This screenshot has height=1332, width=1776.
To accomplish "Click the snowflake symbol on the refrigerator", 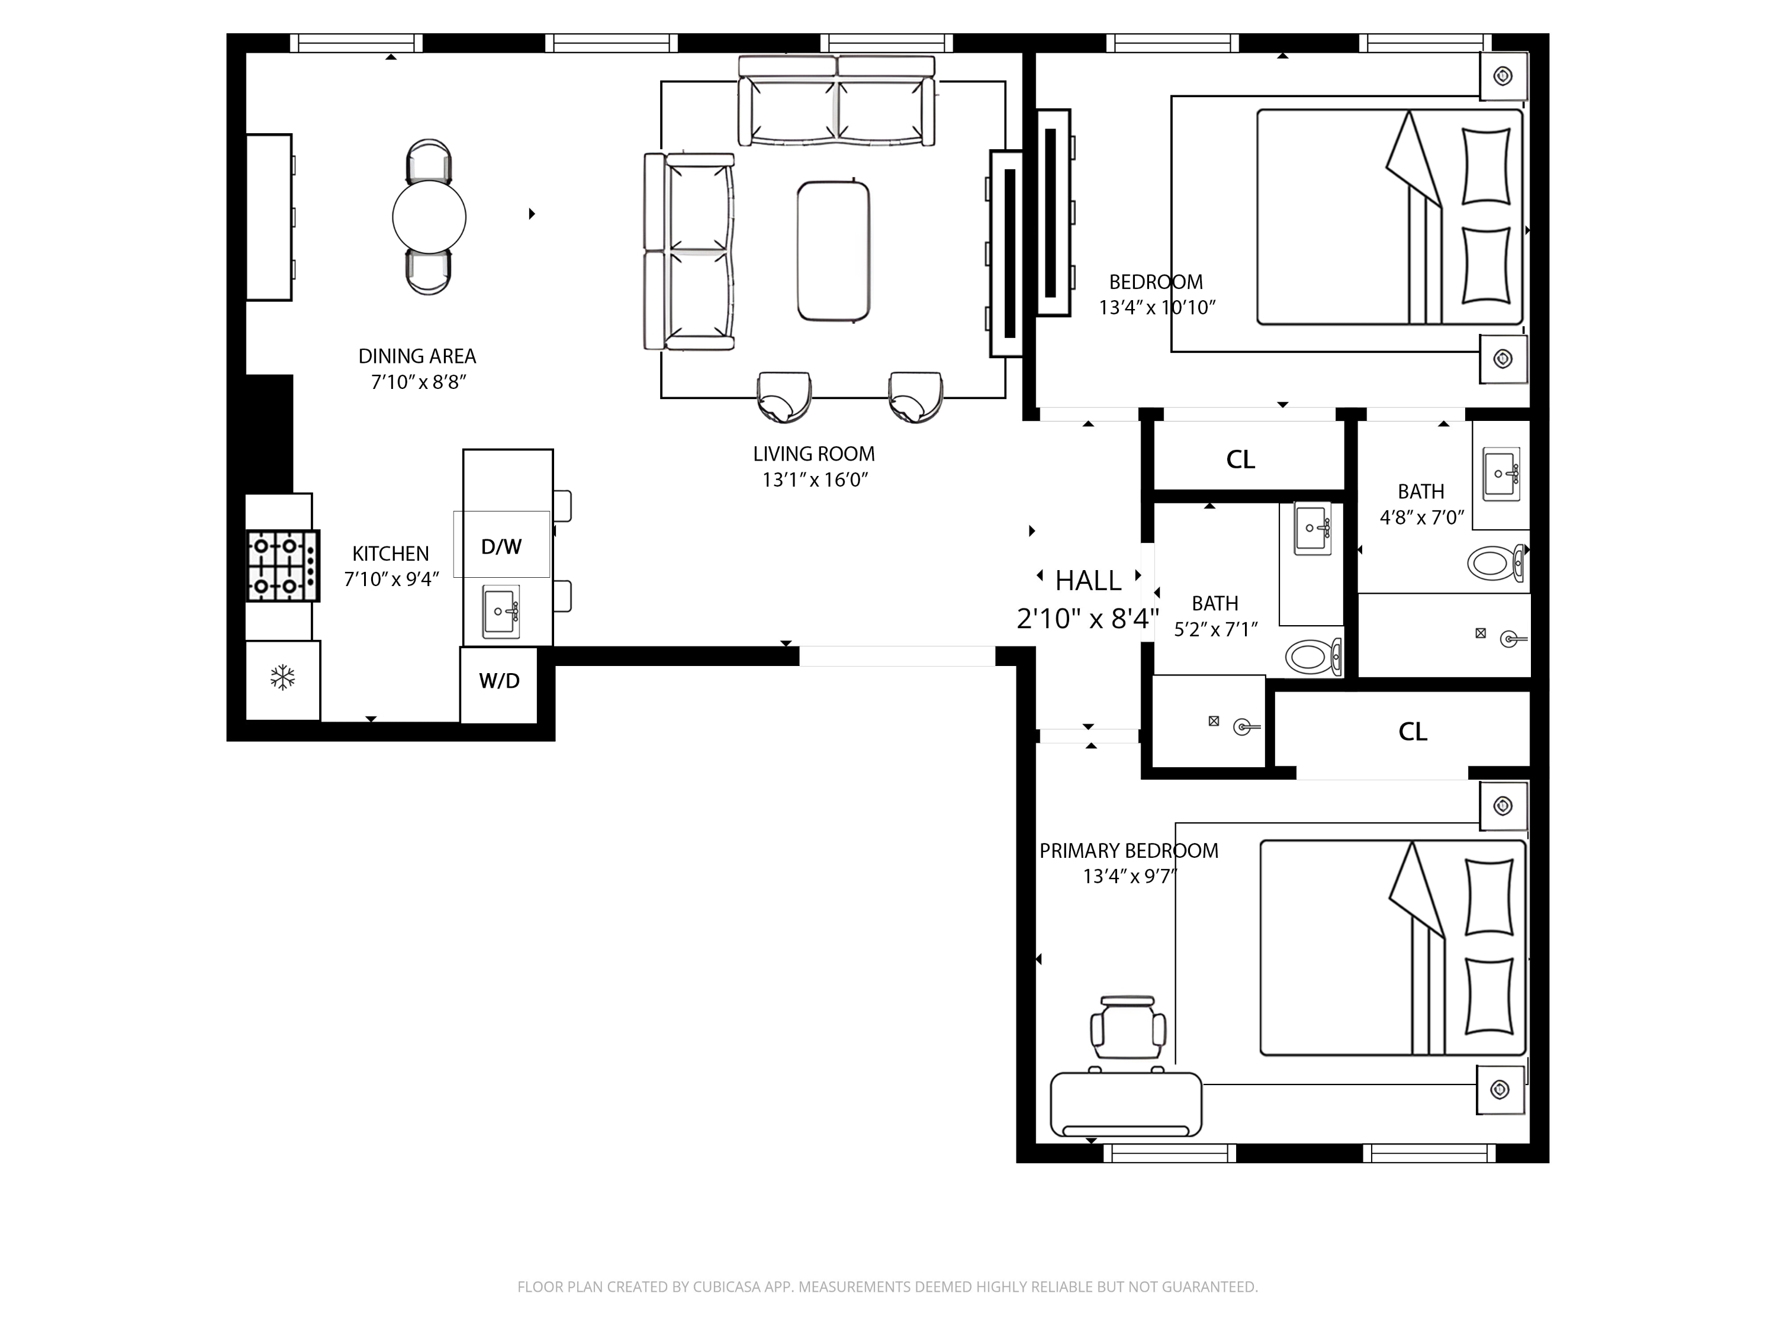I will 282,678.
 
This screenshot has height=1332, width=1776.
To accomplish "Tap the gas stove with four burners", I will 282,566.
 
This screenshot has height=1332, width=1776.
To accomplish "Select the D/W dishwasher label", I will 501,547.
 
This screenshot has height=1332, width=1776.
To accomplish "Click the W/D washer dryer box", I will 498,681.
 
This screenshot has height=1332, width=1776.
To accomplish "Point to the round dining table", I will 429,217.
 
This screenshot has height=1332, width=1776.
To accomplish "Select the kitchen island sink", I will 501,612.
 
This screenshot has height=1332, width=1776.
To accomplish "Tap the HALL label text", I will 1088,580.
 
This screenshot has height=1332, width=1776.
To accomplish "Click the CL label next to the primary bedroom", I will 1413,732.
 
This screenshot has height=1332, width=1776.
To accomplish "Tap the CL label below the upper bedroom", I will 1240,459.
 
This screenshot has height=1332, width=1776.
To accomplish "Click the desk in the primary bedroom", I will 1125,1104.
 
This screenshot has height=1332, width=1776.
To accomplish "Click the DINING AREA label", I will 417,356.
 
